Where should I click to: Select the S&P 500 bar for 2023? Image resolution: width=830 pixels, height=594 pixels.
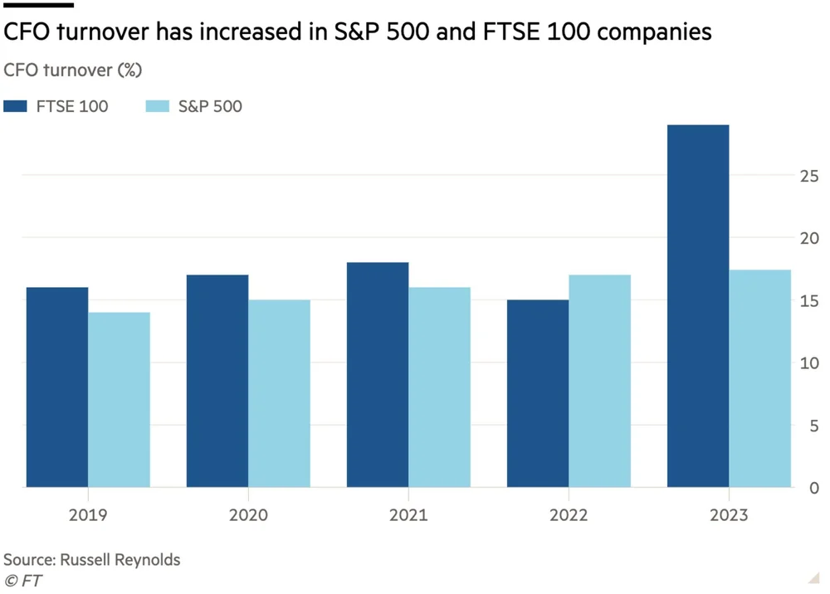pos(759,378)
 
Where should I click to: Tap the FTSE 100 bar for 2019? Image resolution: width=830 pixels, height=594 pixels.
pos(57,387)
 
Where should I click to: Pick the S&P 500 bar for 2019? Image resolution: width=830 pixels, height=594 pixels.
pos(119,399)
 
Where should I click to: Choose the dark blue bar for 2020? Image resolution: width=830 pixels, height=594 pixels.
pos(217,381)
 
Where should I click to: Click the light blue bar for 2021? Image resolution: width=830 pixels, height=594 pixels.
pos(439,387)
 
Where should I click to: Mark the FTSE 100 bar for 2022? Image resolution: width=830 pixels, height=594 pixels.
pos(538,393)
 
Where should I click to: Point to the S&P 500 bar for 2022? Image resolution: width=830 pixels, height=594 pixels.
pos(599,381)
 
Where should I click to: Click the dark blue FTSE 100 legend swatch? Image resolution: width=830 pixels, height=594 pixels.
pos(16,106)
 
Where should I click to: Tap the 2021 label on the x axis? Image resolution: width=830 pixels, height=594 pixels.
pos(408,515)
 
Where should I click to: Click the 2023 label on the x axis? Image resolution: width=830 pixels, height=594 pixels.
pos(729,515)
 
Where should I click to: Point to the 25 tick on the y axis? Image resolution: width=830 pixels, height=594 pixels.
pos(809,176)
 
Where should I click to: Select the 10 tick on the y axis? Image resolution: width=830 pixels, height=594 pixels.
pos(809,363)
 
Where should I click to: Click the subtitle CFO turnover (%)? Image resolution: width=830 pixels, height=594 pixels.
pos(72,70)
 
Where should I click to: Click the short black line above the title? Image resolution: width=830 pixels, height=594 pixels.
pos(39,5)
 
